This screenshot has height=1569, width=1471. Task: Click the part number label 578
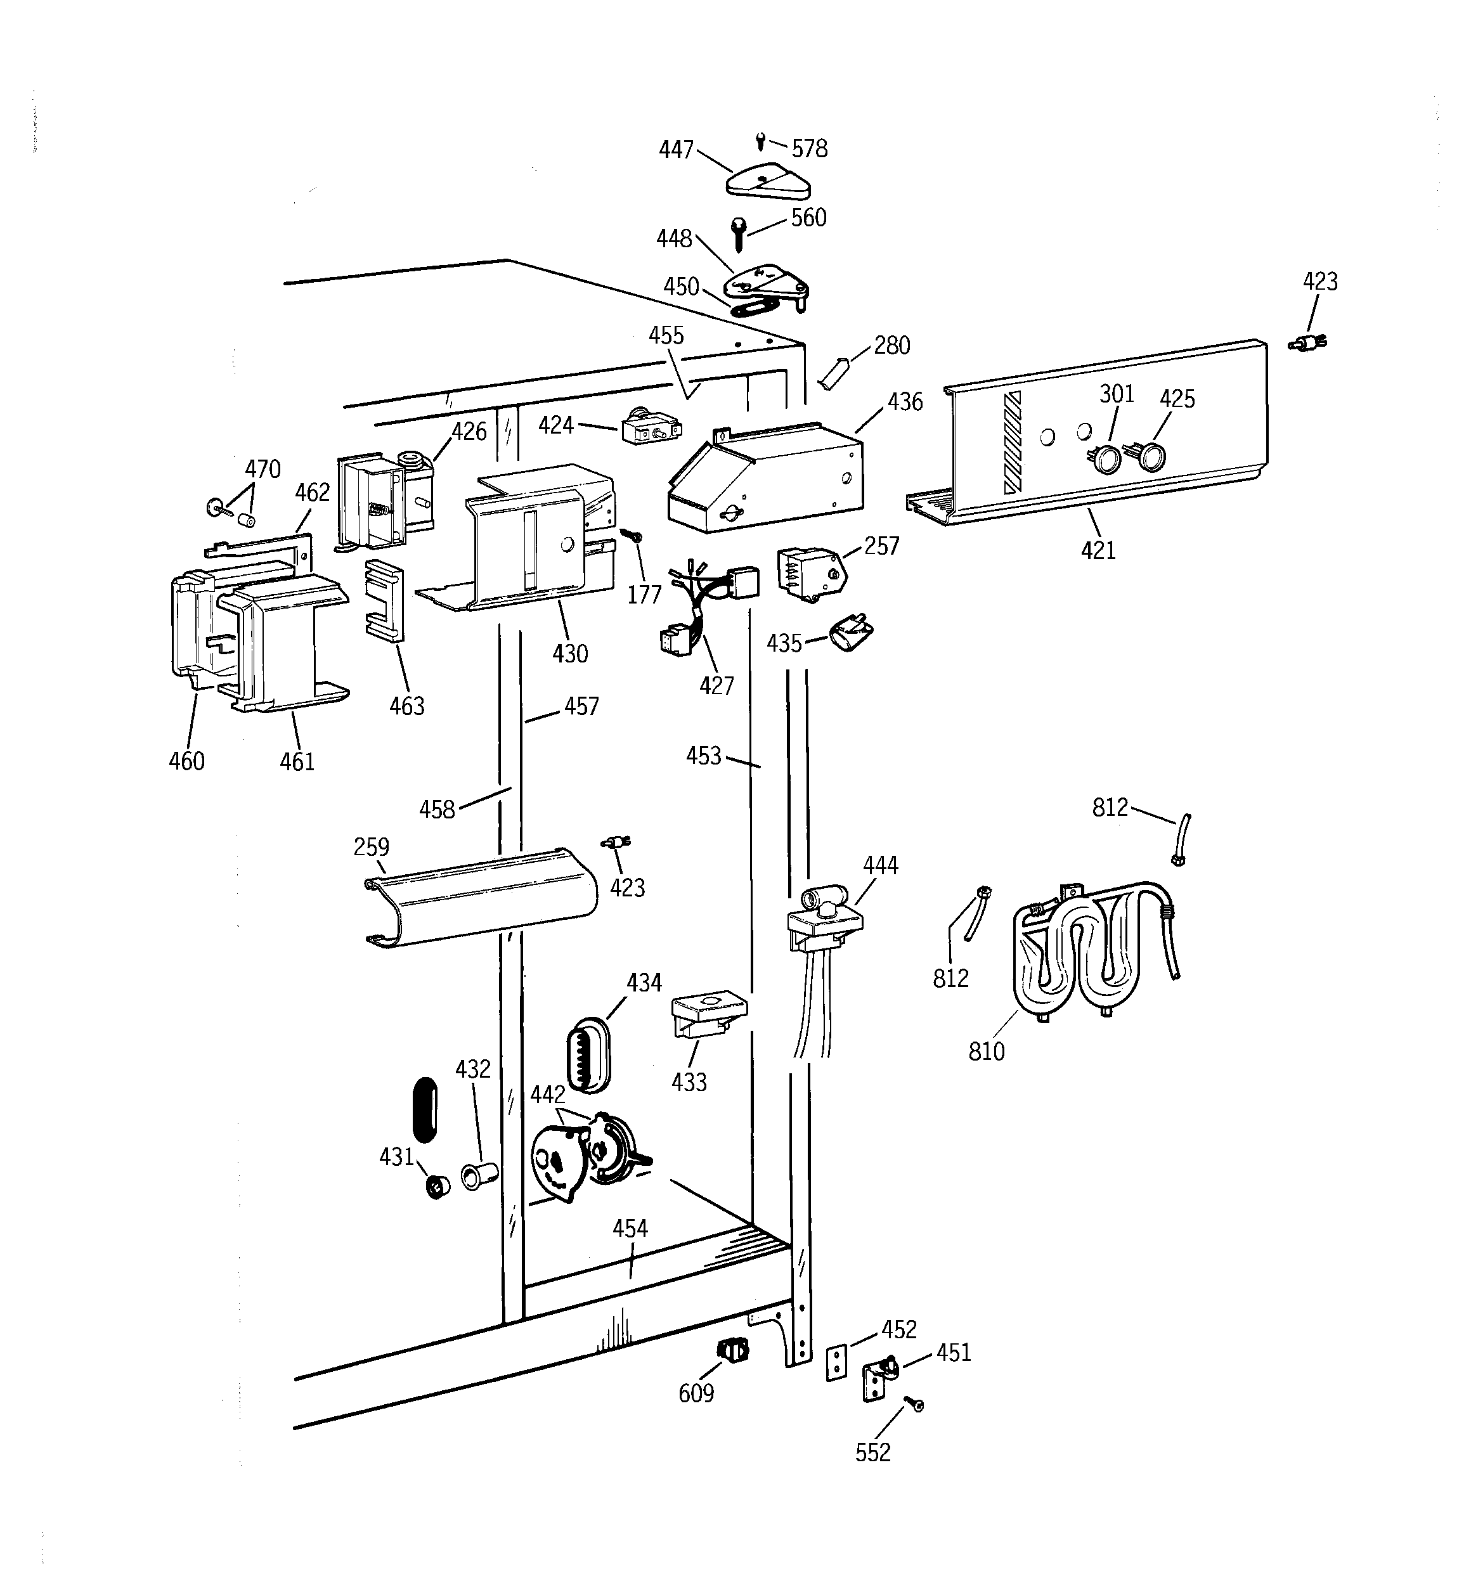point(809,148)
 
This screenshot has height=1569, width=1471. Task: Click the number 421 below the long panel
point(1098,550)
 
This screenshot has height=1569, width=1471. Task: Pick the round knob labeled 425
point(1152,456)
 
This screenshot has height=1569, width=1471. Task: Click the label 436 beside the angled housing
point(904,403)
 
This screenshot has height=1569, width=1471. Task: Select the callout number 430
point(569,654)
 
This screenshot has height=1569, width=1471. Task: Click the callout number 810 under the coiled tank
point(986,1051)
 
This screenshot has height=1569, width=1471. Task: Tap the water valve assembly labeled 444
point(824,919)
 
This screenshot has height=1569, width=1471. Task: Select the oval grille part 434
point(588,1053)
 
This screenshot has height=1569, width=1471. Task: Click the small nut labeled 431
point(438,1186)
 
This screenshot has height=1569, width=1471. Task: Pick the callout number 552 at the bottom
point(872,1453)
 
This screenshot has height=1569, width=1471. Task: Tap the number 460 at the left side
point(186,761)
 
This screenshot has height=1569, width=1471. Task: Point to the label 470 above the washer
point(262,469)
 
